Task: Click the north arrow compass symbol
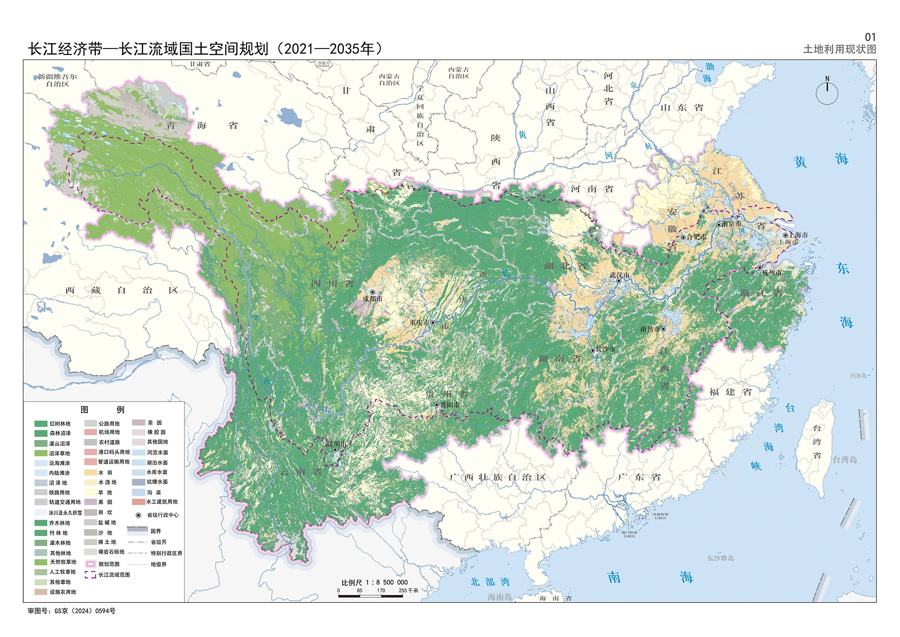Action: point(827,92)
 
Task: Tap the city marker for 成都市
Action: point(373,292)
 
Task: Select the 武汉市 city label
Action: point(620,275)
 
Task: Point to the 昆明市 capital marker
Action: point(335,450)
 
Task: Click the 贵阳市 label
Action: point(450,405)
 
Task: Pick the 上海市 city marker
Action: point(785,235)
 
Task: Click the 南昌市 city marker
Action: point(663,329)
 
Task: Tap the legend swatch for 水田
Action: point(90,473)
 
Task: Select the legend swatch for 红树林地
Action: point(41,424)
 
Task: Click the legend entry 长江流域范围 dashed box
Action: point(90,575)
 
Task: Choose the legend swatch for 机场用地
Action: point(90,432)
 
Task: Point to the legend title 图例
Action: point(103,410)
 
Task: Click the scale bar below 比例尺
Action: point(370,596)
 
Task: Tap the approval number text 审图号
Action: point(72,611)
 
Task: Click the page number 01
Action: point(870,37)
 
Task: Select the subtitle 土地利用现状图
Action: point(840,50)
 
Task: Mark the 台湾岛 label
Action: point(844,460)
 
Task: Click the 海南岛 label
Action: point(499,597)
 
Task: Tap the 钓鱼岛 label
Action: point(858,375)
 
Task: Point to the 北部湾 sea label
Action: point(490,582)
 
